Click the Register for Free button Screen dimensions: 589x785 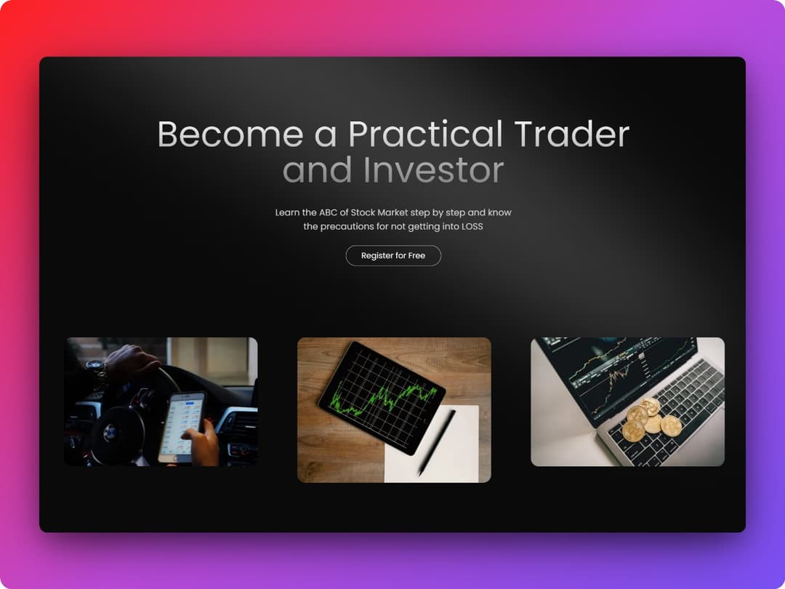pyautogui.click(x=393, y=256)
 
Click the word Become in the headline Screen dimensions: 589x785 pyautogui.click(x=230, y=135)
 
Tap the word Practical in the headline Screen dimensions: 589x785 pyautogui.click(x=425, y=135)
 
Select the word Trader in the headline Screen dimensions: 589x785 pyautogui.click(x=571, y=135)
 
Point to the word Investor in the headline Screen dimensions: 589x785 pyautogui.click(x=433, y=170)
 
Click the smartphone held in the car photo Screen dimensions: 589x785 pyautogui.click(x=181, y=427)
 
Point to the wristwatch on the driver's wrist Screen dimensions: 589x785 pyautogui.click(x=97, y=370)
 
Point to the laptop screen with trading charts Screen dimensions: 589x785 pyautogui.click(x=611, y=371)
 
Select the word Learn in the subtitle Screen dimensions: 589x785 pyautogui.click(x=286, y=213)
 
